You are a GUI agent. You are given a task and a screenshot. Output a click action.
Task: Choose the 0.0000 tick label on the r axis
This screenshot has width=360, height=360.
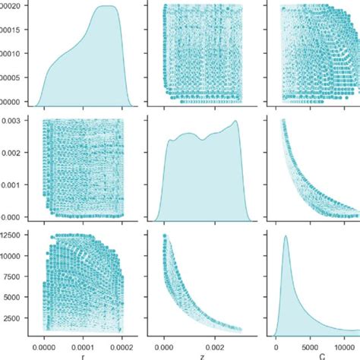pos(46,342)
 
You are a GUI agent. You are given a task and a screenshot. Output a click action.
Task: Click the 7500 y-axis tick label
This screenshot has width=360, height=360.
pos(17,278)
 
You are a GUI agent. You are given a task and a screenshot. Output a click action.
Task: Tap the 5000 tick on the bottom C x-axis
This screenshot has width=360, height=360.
pos(311,342)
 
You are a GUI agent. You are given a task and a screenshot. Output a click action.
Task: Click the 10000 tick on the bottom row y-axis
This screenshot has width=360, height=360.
pos(15,258)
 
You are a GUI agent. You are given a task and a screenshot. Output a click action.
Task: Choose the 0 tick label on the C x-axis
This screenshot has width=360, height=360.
pos(276,342)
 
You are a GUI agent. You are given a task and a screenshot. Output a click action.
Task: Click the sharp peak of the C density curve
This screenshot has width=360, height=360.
pos(286,236)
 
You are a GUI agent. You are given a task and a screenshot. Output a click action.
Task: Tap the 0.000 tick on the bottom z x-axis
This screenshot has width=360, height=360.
pos(166,342)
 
